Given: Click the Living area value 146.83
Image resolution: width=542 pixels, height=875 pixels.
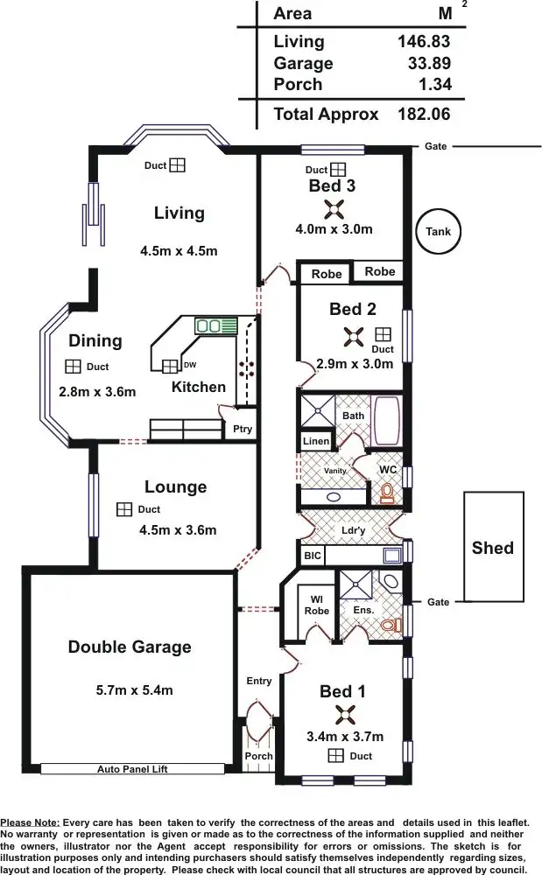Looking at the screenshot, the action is [424, 41].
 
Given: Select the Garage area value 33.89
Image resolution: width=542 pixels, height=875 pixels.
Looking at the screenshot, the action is [429, 63].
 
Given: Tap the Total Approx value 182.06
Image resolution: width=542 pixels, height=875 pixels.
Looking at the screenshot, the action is [424, 115].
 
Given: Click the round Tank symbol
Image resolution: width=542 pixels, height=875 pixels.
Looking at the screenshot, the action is [438, 231].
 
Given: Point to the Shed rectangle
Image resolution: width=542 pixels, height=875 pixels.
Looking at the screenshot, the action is [494, 546].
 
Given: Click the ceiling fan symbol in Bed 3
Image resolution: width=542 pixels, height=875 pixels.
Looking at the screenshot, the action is [334, 209].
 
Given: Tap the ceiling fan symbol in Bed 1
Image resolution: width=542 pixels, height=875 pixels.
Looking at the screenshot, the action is [346, 714].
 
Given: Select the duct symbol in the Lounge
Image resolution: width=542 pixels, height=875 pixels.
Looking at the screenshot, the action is [124, 509].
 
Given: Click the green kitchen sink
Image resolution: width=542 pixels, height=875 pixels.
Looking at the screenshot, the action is [216, 325].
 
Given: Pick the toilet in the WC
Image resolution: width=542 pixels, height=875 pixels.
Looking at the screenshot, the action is [387, 492].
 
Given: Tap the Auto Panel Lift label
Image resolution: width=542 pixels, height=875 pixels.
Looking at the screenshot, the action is [132, 769].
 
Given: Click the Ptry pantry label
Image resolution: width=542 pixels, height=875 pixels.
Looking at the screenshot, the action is [243, 429].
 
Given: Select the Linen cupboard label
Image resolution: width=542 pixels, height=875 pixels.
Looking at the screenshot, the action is [316, 441].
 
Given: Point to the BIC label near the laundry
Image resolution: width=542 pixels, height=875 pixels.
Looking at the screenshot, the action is [313, 556].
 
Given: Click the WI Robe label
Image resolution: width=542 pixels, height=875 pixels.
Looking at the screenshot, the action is [316, 605].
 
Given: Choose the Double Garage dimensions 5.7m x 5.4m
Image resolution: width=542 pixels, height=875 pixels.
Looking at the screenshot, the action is [135, 689].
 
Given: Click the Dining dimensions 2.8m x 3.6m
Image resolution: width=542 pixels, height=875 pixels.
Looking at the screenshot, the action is [97, 392].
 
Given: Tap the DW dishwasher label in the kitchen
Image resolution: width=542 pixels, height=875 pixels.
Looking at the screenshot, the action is [190, 365].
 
